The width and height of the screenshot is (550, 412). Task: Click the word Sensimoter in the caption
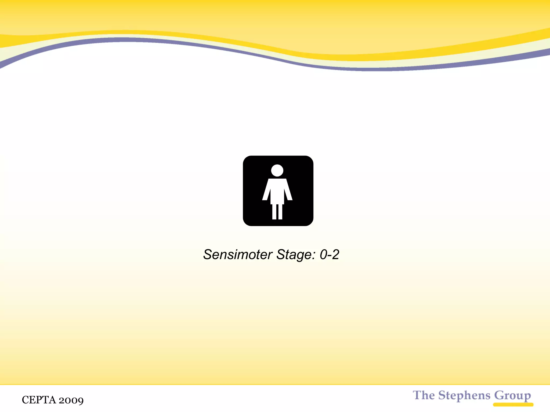click(x=238, y=255)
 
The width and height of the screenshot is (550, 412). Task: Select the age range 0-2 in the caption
click(x=330, y=255)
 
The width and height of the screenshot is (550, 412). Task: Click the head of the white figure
click(x=277, y=171)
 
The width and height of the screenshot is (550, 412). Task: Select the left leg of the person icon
click(x=274, y=212)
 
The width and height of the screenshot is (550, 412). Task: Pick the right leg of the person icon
click(x=280, y=212)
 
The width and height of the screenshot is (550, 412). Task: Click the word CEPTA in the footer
click(x=39, y=400)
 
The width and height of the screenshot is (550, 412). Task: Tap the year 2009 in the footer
click(x=71, y=400)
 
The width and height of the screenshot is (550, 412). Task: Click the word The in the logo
click(x=424, y=395)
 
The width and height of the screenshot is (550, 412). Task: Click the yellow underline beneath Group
click(x=513, y=404)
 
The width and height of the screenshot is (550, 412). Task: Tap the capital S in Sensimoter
click(x=208, y=255)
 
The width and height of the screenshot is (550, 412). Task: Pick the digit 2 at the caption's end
click(x=336, y=255)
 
